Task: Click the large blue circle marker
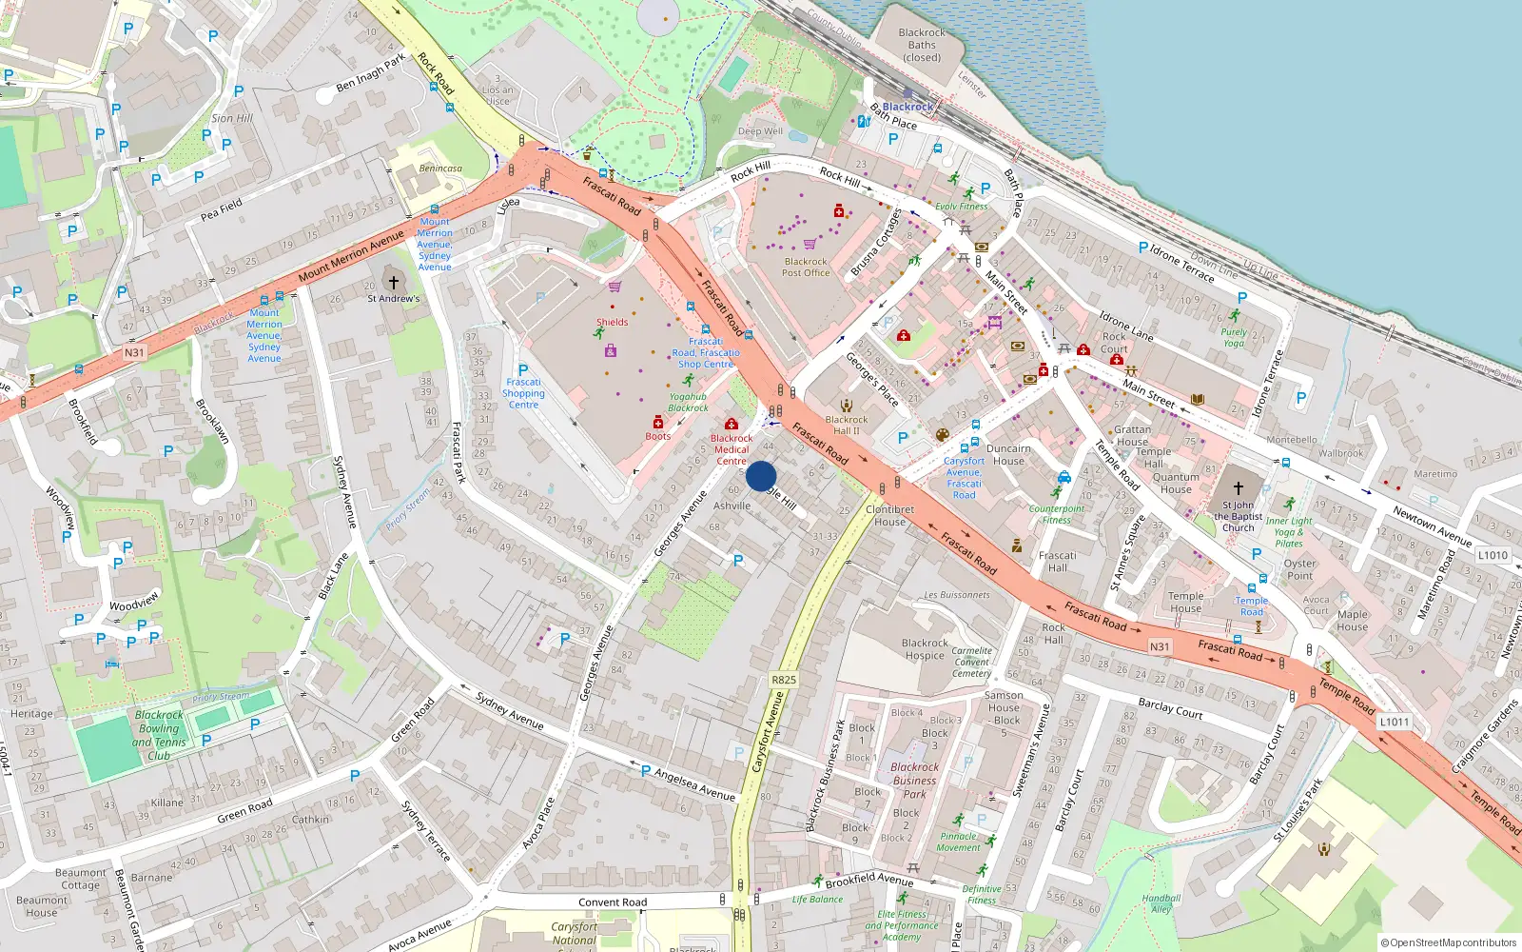(x=761, y=476)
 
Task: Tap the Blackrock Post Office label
(x=806, y=268)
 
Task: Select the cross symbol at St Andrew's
(x=393, y=282)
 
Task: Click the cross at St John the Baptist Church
(x=1238, y=488)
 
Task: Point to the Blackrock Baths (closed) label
(x=922, y=45)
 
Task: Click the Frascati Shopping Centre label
(x=523, y=393)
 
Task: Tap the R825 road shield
(x=784, y=680)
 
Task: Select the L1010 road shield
(x=1493, y=555)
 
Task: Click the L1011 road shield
(x=1394, y=722)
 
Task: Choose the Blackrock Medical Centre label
(x=732, y=449)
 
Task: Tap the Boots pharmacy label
(x=658, y=436)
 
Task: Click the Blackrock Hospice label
(x=925, y=649)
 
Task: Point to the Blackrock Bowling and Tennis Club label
(x=159, y=735)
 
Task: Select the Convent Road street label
(x=613, y=902)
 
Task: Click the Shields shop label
(x=612, y=322)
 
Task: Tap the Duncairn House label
(x=1008, y=454)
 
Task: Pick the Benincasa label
(x=440, y=169)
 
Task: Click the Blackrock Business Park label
(x=914, y=781)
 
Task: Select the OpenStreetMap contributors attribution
(x=1449, y=942)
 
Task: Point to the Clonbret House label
(x=889, y=515)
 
